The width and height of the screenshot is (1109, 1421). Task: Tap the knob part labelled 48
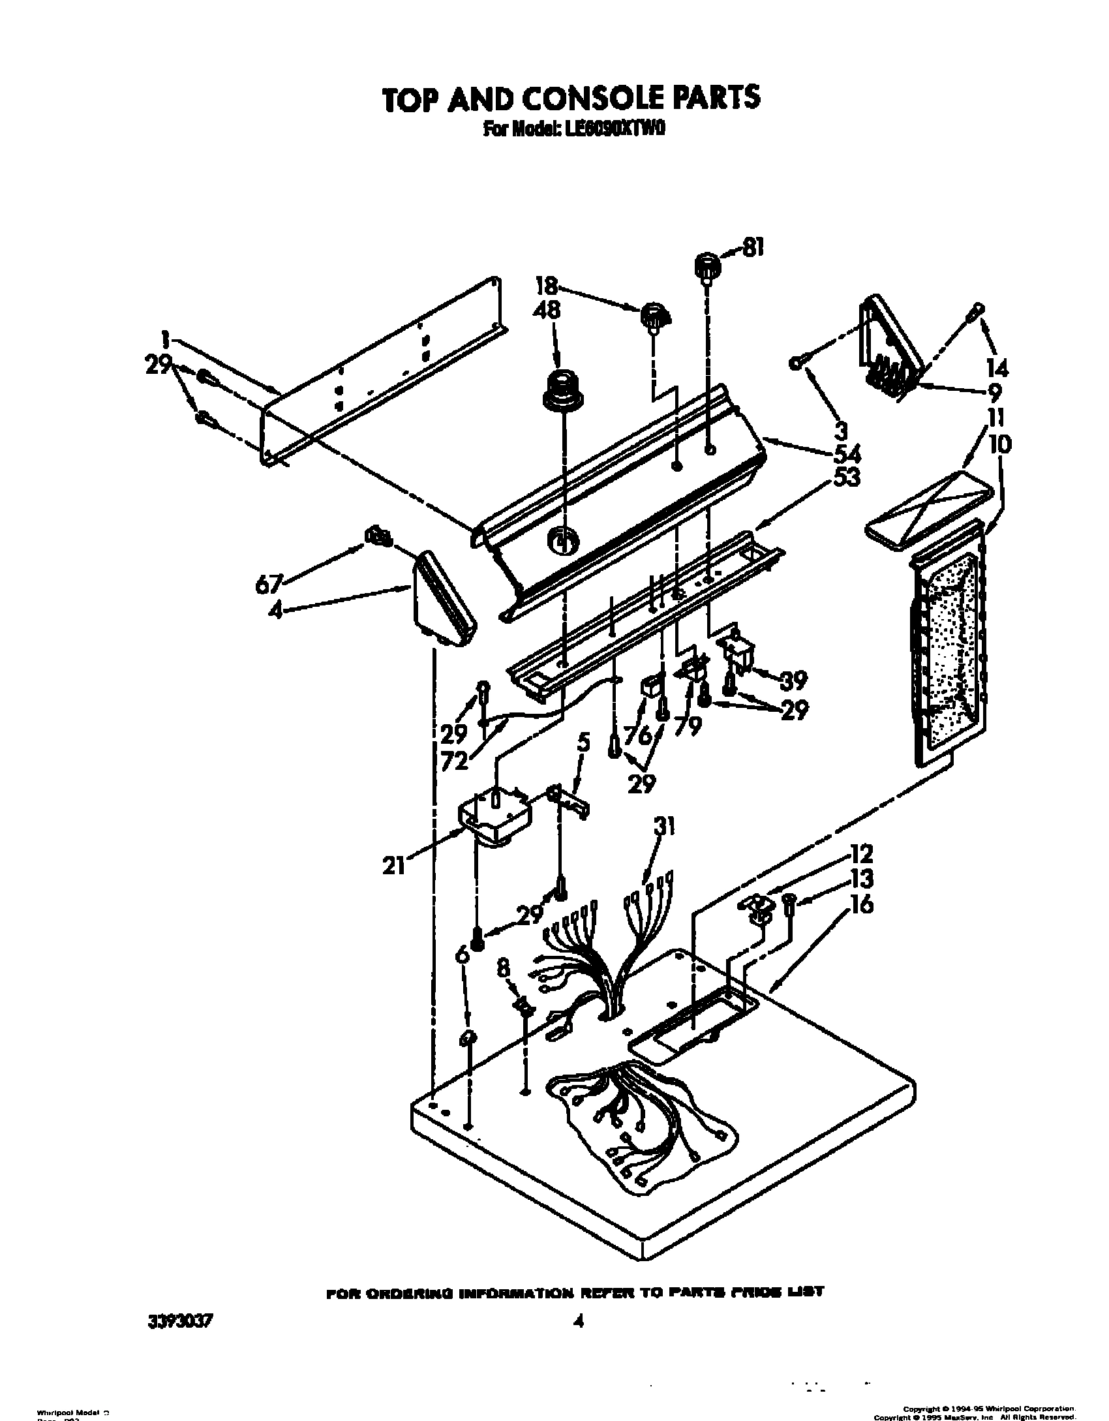(x=562, y=391)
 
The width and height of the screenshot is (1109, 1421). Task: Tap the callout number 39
(x=795, y=680)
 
